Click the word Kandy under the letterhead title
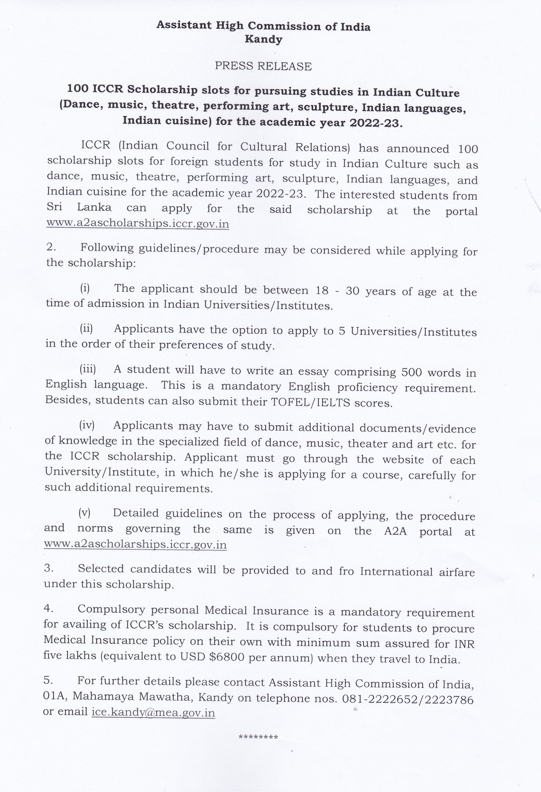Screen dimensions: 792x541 point(263,39)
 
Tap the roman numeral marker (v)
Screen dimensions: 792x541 point(84,513)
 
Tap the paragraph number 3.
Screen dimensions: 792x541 point(47,568)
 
